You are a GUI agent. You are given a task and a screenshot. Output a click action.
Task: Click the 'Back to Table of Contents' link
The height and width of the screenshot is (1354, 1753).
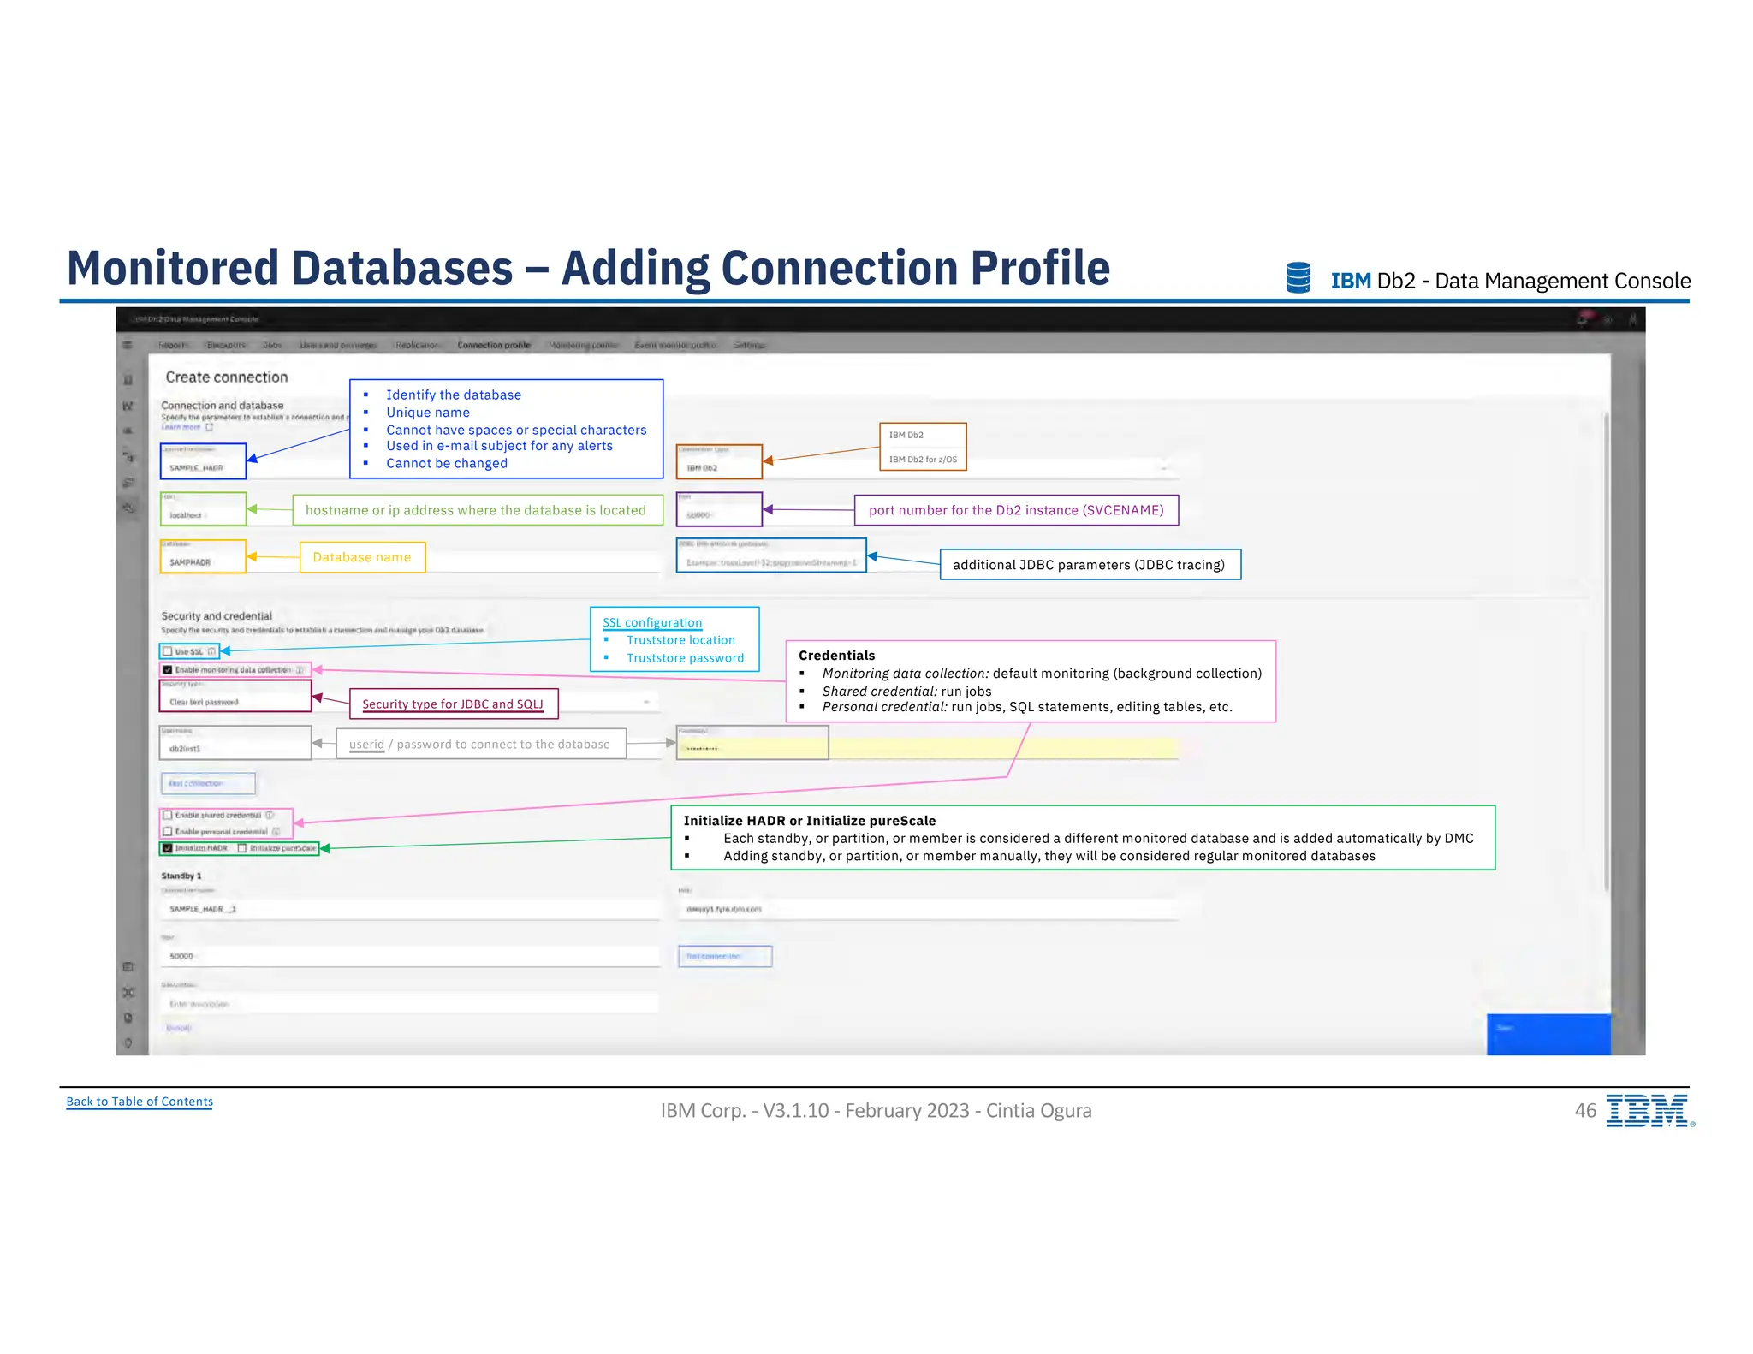point(140,1102)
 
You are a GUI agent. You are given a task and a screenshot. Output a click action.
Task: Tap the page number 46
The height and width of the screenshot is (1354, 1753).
point(1585,1110)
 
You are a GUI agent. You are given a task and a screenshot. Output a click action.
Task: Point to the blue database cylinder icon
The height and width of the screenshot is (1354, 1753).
point(1298,278)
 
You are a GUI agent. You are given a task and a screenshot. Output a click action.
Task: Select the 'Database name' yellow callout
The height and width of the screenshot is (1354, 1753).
point(362,557)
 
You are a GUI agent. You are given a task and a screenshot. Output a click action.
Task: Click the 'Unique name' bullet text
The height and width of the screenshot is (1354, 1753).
point(428,413)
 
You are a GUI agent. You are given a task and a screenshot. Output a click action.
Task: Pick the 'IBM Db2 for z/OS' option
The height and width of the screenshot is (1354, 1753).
point(923,460)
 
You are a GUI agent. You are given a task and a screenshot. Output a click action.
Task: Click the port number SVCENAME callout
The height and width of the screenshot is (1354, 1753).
point(1016,510)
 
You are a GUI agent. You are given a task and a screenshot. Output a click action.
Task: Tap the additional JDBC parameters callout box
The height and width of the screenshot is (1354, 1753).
point(1089,565)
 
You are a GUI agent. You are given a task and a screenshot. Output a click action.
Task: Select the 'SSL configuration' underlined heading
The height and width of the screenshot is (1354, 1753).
point(652,623)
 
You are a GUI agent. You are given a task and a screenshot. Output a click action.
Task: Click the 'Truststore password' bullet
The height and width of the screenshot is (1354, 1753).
point(685,658)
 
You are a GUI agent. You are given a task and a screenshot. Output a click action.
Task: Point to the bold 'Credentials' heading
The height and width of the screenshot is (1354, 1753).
point(836,656)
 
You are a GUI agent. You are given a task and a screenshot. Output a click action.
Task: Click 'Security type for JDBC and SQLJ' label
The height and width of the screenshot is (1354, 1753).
point(453,704)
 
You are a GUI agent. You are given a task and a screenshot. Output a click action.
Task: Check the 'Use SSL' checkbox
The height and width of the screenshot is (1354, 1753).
point(169,652)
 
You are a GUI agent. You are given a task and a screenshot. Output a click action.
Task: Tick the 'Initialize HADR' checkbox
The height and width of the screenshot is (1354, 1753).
point(168,848)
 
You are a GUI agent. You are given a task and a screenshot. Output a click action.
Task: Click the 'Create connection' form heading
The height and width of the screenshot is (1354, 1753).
point(227,377)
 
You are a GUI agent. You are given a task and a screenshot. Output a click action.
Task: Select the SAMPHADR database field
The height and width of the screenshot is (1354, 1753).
point(203,561)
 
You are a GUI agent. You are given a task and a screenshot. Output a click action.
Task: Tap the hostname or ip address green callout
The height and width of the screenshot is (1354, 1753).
point(476,510)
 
